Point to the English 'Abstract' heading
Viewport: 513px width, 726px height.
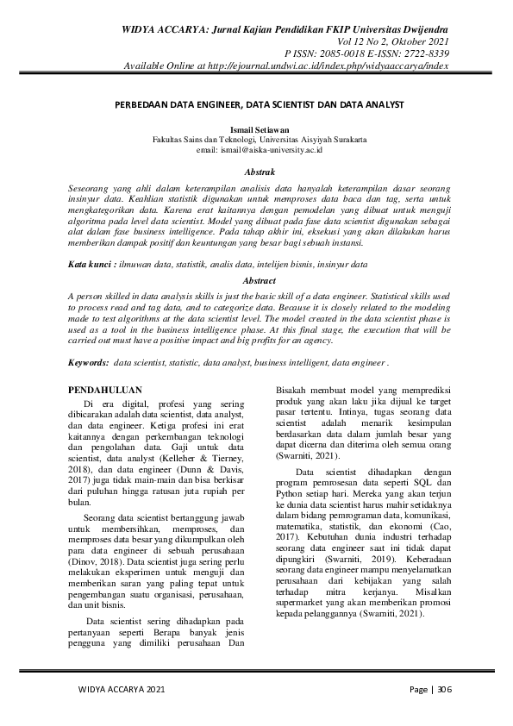tap(260, 281)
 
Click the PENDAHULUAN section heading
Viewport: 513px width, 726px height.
tap(105, 390)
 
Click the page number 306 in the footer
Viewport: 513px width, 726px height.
tap(444, 689)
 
